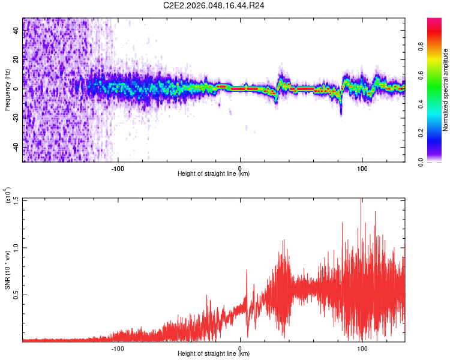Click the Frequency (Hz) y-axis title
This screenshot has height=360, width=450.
[7, 90]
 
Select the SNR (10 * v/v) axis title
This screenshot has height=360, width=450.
[7, 270]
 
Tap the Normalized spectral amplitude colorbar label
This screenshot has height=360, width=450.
[446, 90]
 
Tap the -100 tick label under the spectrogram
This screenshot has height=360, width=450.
[118, 168]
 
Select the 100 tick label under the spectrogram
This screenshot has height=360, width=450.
[362, 168]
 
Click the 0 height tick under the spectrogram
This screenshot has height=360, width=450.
[240, 168]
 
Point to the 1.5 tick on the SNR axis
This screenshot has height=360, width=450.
[15, 200]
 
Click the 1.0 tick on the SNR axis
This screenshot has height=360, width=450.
[15, 247]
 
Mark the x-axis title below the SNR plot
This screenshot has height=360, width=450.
[214, 354]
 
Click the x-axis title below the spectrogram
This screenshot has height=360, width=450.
[214, 174]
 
